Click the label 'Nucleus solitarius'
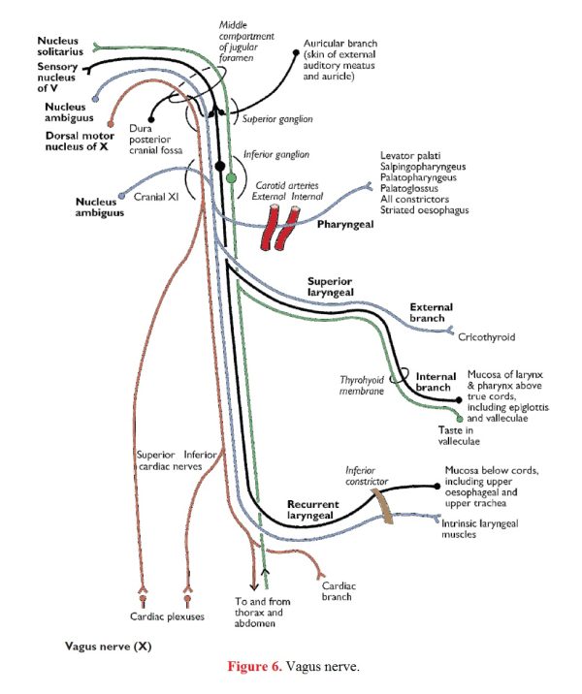60,46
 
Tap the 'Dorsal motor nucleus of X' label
80,142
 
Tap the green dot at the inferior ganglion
231,178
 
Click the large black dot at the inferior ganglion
219,166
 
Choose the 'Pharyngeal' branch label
345,225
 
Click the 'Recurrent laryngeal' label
312,510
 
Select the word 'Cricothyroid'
486,336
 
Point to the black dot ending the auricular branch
296,52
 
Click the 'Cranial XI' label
156,197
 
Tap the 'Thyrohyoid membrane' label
362,386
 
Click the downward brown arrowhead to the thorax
254,586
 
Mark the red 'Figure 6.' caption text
255,666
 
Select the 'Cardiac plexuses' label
167,616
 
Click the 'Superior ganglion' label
277,119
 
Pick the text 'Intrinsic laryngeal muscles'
480,529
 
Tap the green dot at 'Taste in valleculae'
460,419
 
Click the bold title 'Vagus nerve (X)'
108,647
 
